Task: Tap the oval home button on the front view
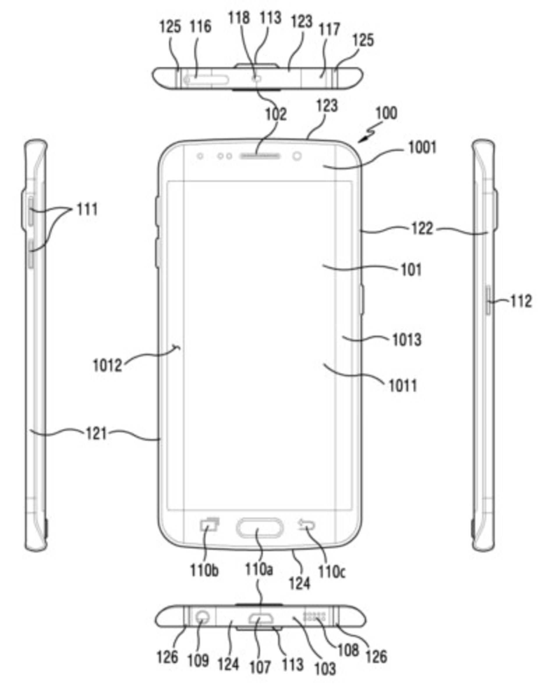[x=259, y=528]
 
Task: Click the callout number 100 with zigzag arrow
[x=386, y=113]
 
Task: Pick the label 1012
[x=107, y=366]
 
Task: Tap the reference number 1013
[x=407, y=340]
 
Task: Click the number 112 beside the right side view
[x=521, y=301]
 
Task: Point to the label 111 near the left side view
[x=87, y=210]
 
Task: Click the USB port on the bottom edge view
[x=261, y=618]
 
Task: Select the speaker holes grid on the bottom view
[x=314, y=617]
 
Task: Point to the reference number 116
[x=200, y=27]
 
